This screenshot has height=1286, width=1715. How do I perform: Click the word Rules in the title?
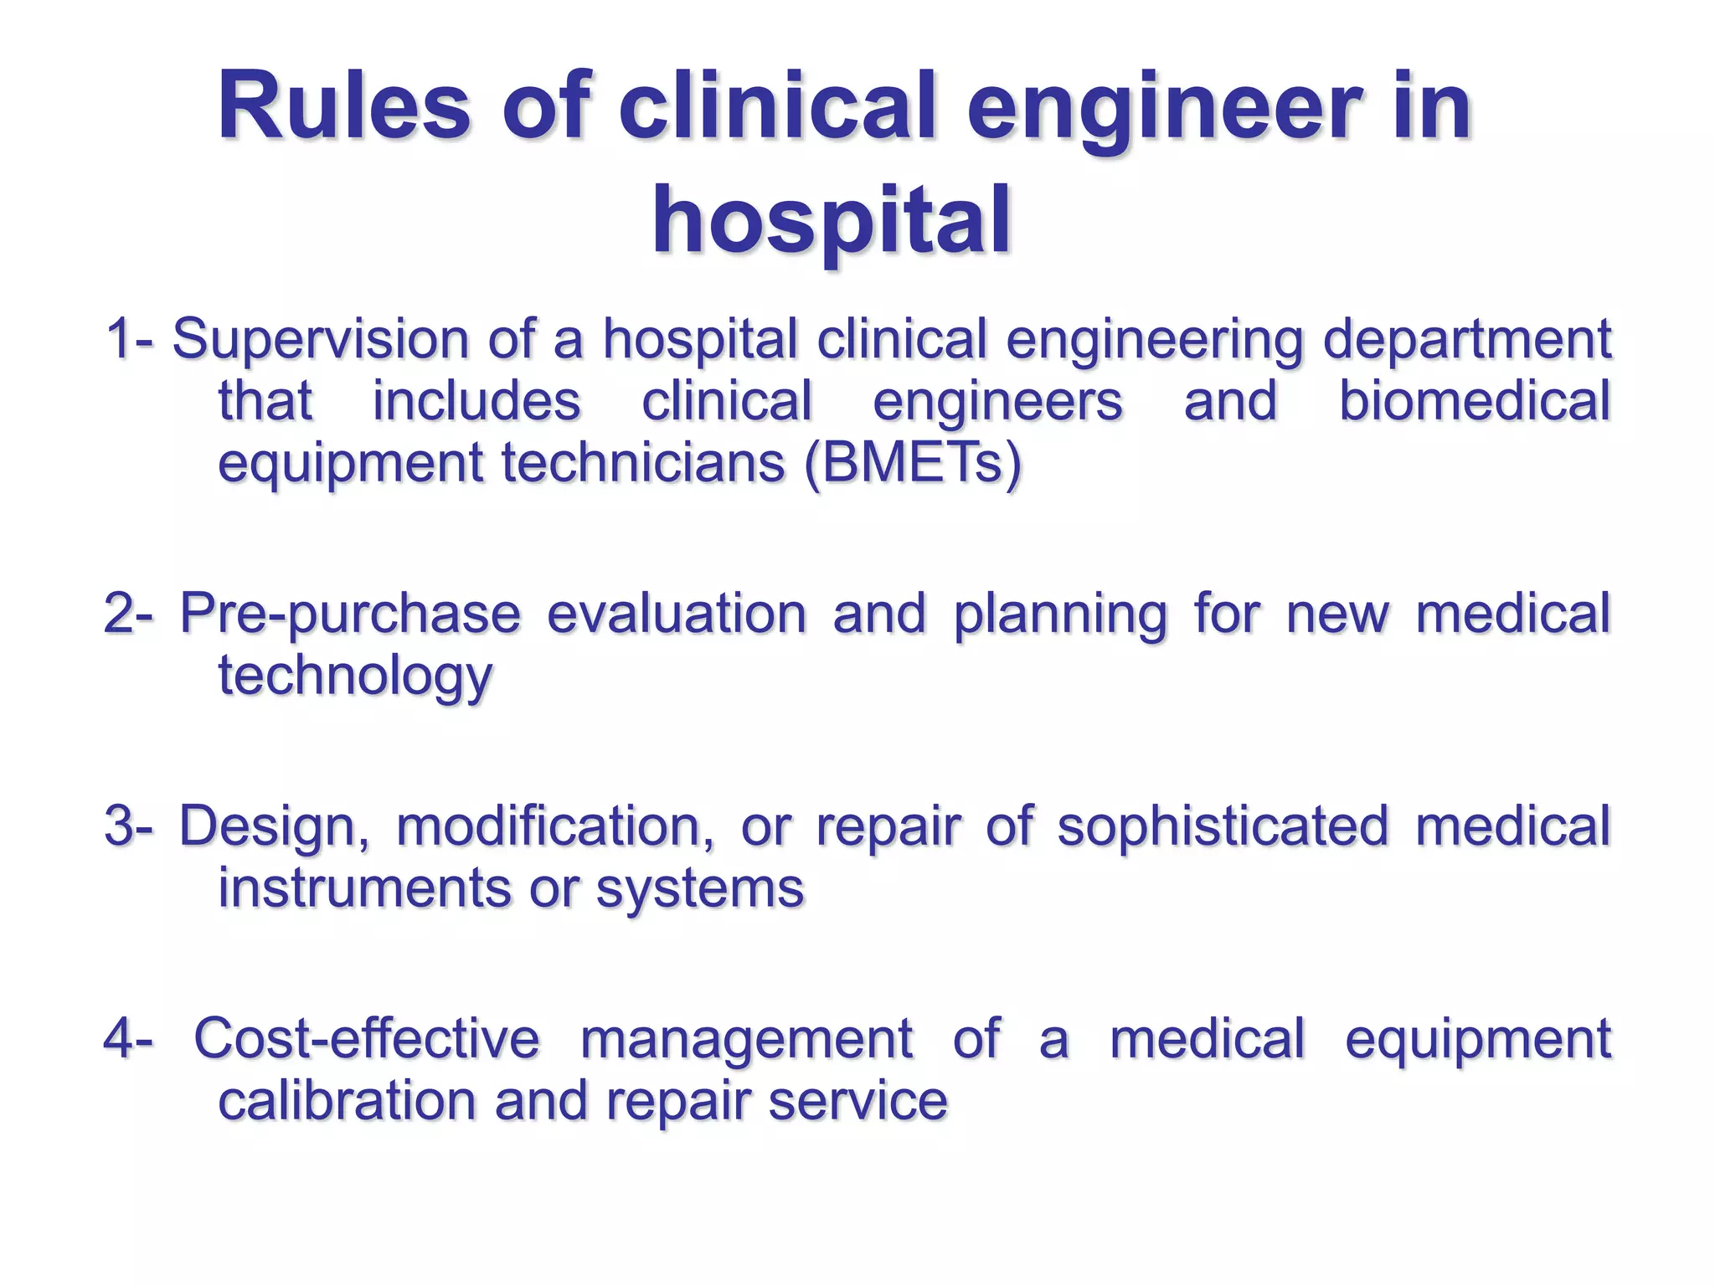pyautogui.click(x=343, y=107)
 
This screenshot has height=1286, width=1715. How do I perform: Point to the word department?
pyautogui.click(x=1466, y=341)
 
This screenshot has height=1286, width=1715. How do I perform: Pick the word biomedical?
pyautogui.click(x=1474, y=401)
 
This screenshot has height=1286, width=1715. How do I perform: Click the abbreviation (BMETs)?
pyautogui.click(x=912, y=462)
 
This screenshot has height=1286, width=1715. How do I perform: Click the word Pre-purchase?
pyautogui.click(x=350, y=615)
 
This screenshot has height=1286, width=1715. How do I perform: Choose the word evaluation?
pyautogui.click(x=677, y=613)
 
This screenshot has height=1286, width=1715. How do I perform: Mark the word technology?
pyautogui.click(x=355, y=676)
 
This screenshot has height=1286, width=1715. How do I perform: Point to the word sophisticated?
pyautogui.click(x=1223, y=827)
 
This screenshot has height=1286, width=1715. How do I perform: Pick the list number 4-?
pyautogui.click(x=128, y=1038)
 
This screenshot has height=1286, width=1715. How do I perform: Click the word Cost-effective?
pyautogui.click(x=367, y=1038)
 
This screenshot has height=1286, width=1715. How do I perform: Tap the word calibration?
pyautogui.click(x=347, y=1100)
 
